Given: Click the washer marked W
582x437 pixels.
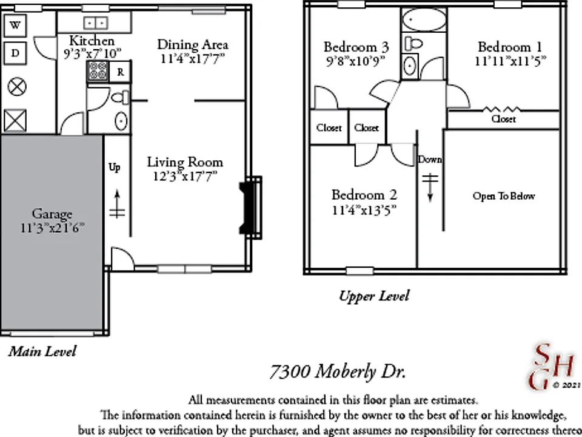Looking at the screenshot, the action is point(15,25).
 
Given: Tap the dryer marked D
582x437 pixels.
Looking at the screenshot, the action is point(15,53).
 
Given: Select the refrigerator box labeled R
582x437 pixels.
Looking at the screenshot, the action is point(119,72).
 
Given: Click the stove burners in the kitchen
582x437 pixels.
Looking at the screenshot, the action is point(98,72).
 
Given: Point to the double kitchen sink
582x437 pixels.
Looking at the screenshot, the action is point(96,23).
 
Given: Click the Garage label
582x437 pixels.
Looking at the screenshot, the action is point(52,214).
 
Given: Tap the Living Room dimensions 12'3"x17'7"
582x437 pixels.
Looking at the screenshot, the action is point(186,176).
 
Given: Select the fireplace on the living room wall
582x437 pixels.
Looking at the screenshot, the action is point(250,208).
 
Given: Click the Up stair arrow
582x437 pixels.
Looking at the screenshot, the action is point(117,204).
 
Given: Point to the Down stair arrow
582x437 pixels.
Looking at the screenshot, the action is point(430,188).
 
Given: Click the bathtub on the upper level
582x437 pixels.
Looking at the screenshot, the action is point(424,19).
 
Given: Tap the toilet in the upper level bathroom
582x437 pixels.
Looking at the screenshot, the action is point(413,44).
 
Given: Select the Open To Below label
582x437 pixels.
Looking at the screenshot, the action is point(504,196).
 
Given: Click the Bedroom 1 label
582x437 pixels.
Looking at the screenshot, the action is point(510,47).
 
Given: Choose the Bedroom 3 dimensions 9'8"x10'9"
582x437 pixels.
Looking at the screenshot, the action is point(356,61).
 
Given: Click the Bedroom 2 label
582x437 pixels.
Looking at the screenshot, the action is point(364,195).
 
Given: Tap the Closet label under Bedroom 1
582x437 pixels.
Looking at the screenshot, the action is point(504,119).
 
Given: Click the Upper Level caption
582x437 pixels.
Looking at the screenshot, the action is point(374,297).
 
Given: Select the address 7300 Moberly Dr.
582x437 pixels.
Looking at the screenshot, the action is point(338,371).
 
